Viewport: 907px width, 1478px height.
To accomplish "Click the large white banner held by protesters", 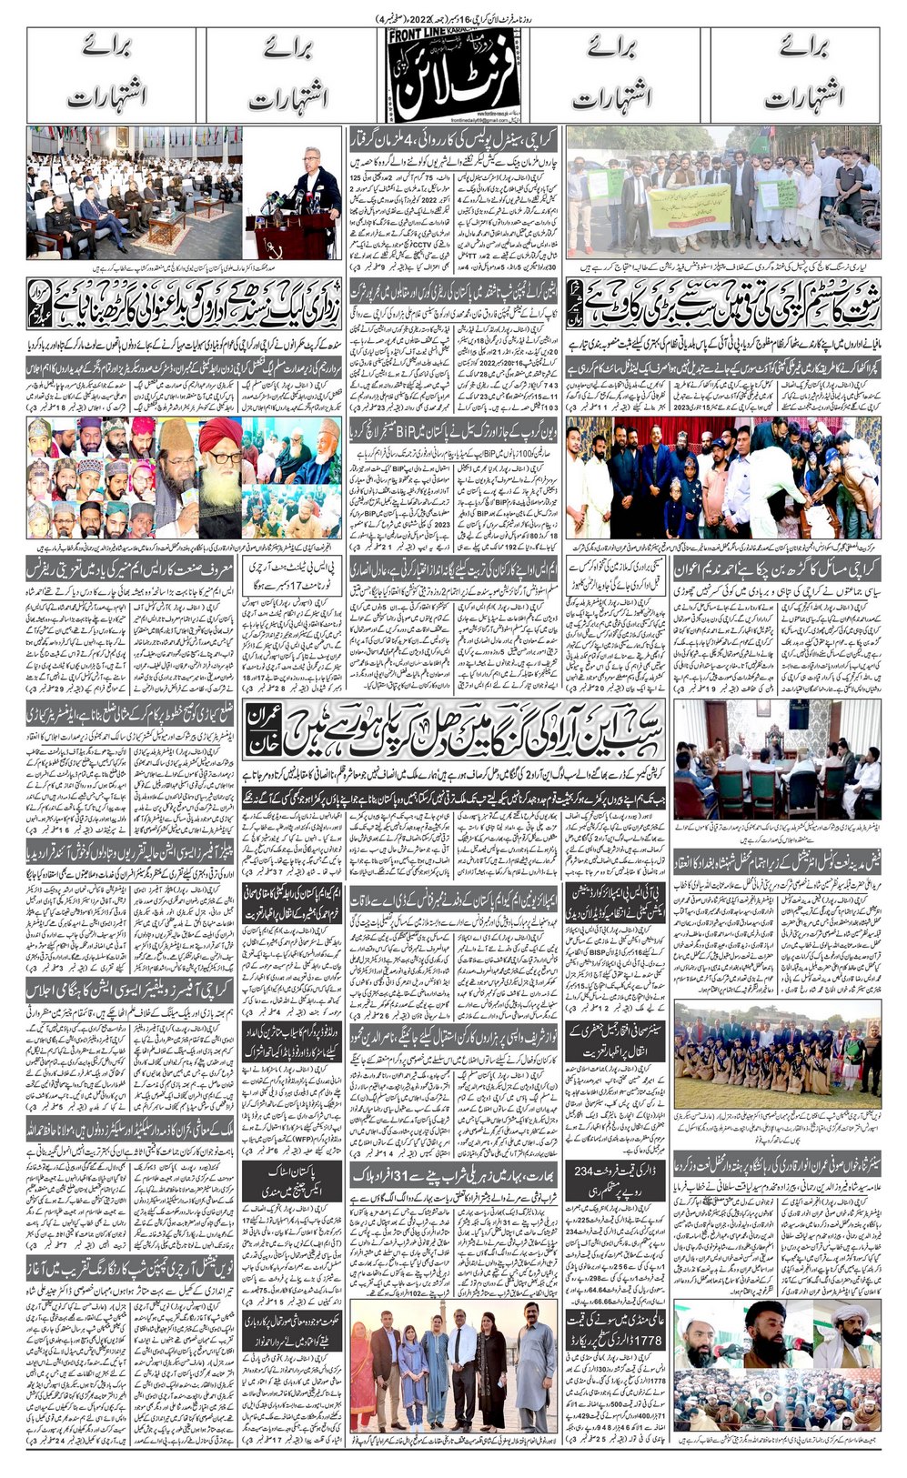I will pyautogui.click(x=688, y=211).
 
